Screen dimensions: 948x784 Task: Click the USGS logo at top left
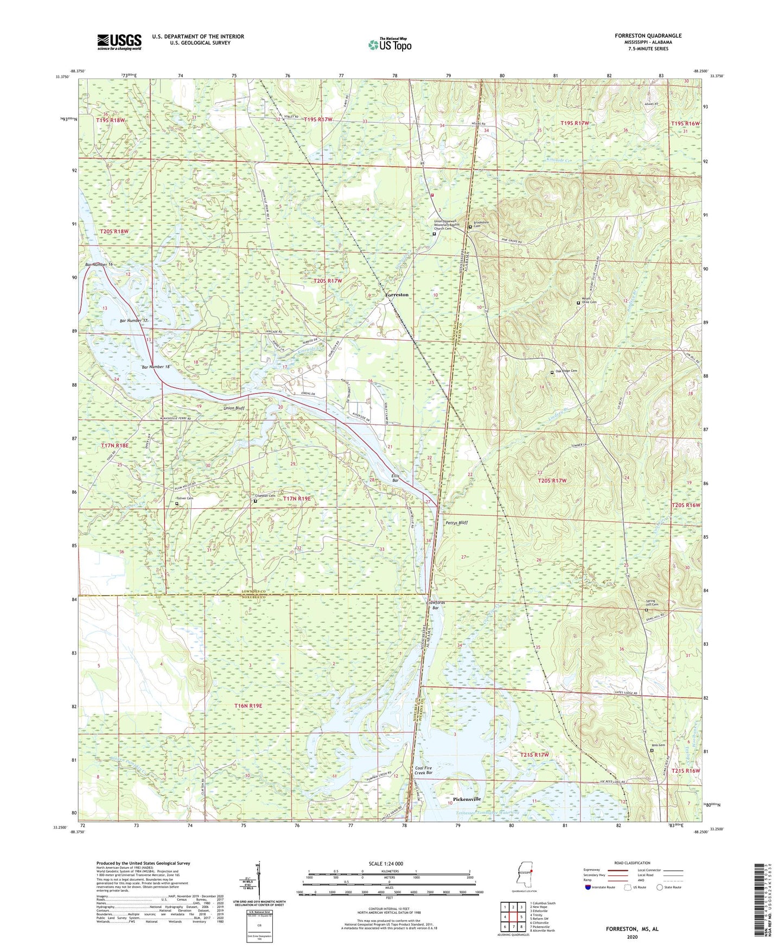point(119,42)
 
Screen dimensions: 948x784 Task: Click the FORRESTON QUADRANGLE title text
point(648,36)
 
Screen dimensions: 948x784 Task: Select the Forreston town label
point(397,295)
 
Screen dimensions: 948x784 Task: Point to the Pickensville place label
point(467,799)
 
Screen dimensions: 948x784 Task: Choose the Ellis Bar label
point(396,478)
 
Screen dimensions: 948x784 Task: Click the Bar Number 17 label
point(133,321)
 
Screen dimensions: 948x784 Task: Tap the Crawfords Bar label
point(435,605)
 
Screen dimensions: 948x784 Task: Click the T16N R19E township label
point(248,706)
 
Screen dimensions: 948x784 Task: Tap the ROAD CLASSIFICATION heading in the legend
point(632,863)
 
